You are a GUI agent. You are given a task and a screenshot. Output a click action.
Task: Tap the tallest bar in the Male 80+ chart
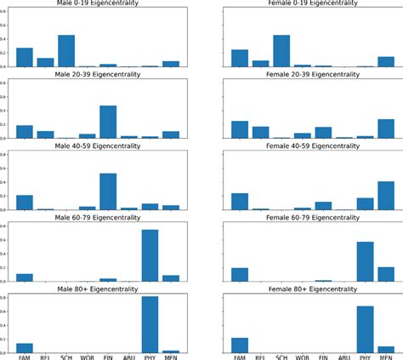click(150, 324)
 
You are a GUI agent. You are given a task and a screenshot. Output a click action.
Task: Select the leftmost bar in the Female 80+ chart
click(240, 345)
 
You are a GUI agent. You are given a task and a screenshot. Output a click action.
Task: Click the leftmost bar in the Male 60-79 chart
click(25, 277)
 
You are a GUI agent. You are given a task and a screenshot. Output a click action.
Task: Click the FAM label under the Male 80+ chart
click(25, 357)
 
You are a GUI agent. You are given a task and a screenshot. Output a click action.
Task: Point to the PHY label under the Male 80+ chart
click(150, 357)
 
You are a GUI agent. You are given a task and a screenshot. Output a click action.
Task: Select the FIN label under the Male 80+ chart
click(108, 357)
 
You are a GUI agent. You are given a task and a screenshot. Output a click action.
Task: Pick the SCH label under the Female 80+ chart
click(281, 357)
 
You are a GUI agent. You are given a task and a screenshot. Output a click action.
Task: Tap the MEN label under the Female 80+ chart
click(385, 357)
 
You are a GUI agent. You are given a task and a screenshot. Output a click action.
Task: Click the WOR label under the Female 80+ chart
click(303, 357)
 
